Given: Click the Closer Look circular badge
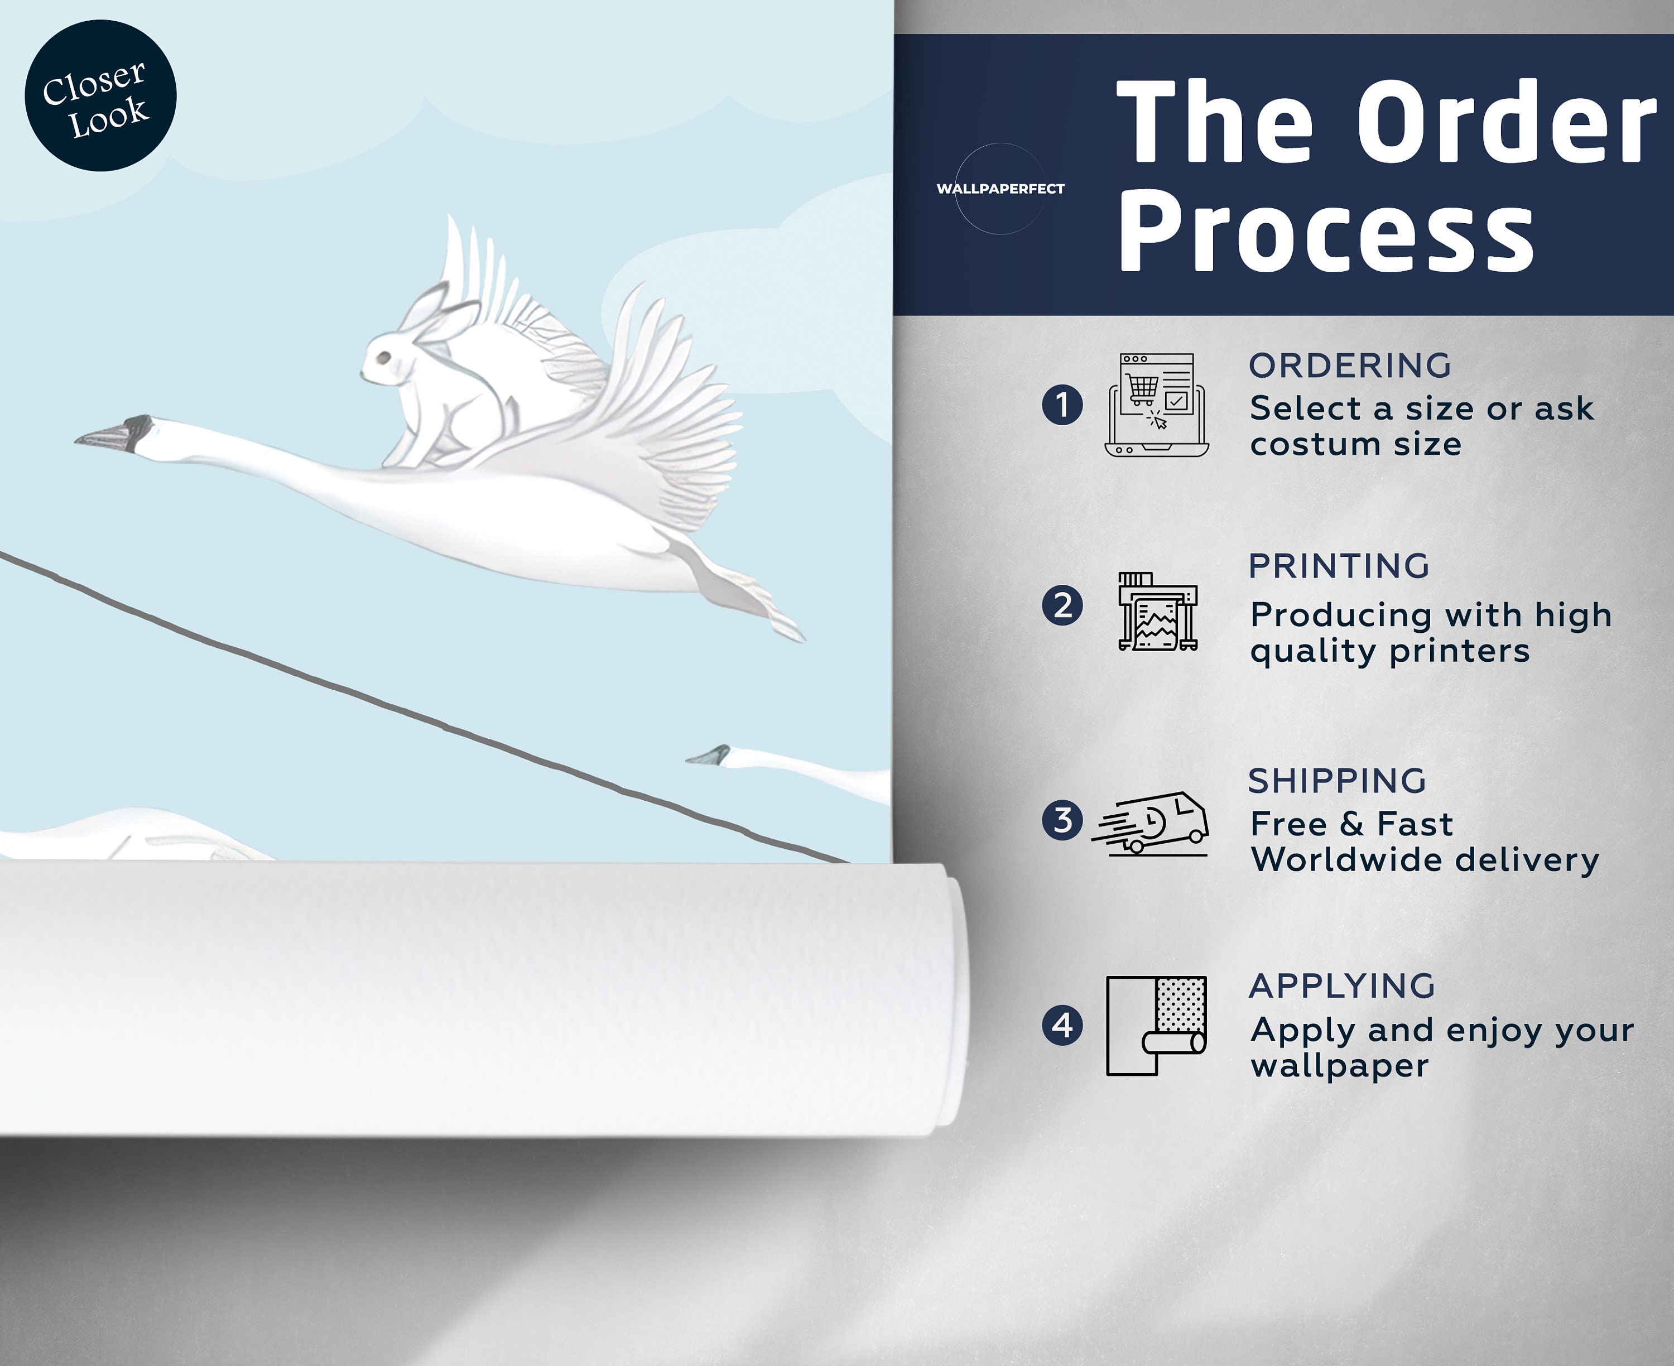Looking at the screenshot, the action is coord(100,95).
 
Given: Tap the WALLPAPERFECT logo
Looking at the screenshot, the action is coord(1000,189).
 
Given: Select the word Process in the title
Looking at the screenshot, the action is coord(1326,232).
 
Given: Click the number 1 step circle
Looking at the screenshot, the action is coord(1062,405).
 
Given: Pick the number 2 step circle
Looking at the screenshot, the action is coord(1062,606).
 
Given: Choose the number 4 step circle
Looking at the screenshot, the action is coord(1062,1025).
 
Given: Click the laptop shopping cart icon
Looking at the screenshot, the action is coord(1156,405).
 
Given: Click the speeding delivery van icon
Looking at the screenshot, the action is coord(1150,823).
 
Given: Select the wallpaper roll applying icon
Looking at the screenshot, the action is coord(1156,1025).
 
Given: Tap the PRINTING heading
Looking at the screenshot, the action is coord(1339,566).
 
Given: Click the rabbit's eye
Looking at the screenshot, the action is coord(383,359).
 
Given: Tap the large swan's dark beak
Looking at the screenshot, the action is coord(113,434).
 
